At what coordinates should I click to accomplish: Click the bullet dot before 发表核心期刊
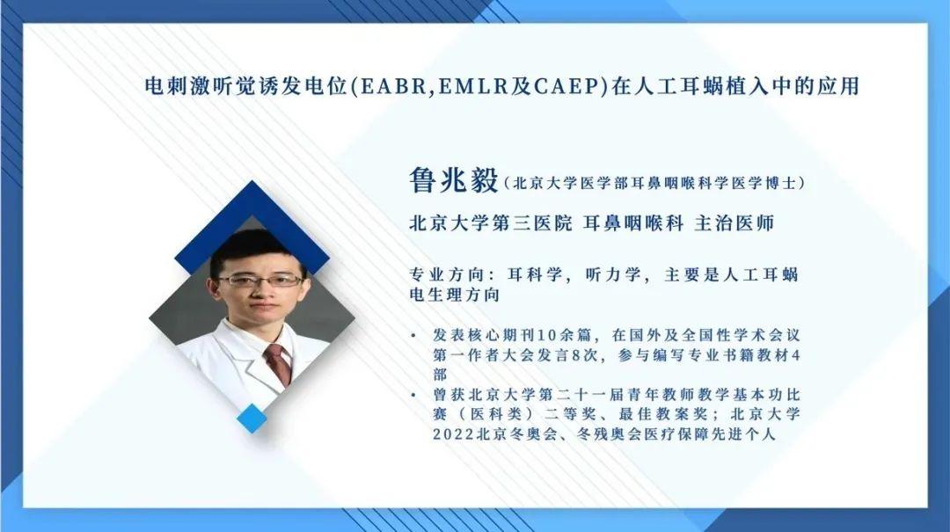point(414,337)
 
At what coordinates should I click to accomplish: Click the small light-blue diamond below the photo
point(252,418)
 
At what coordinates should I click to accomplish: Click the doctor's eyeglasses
point(259,281)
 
